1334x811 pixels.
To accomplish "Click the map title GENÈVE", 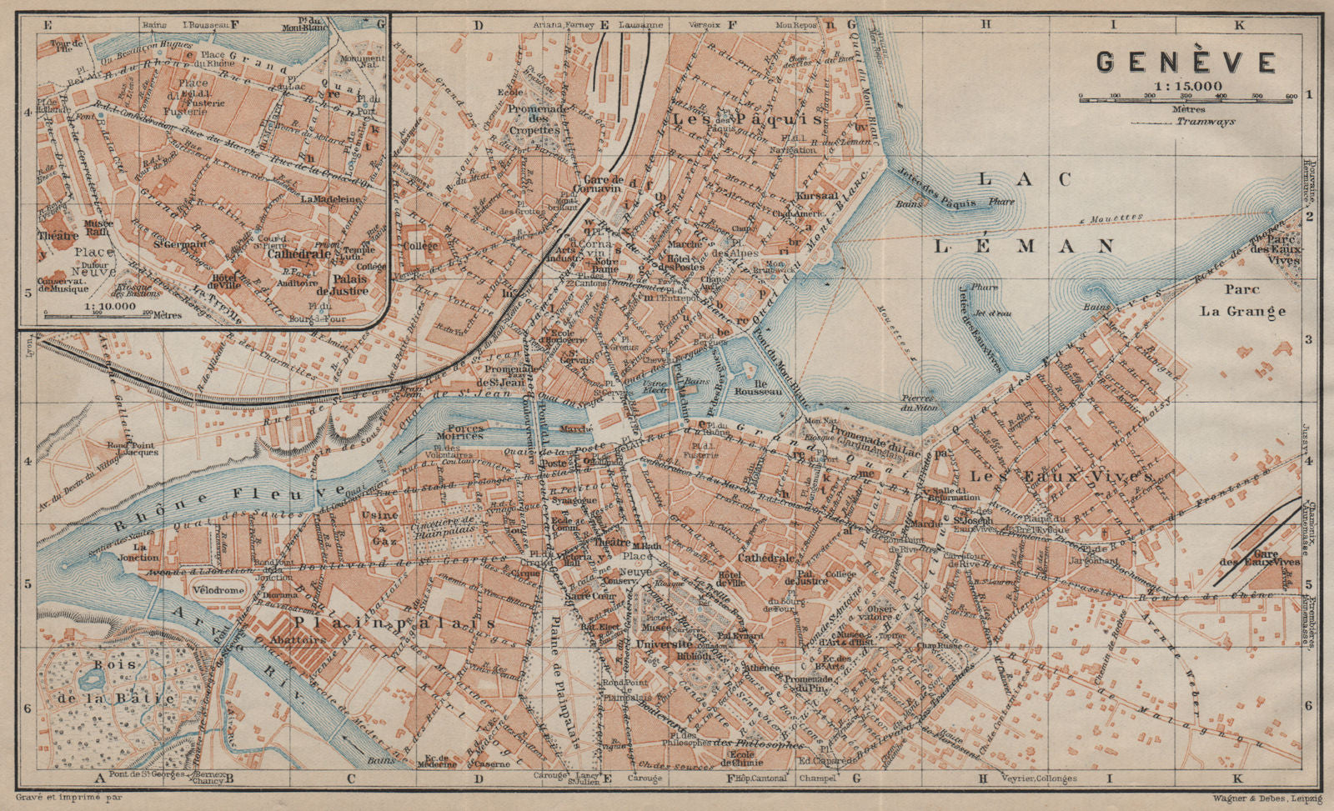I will click(1185, 62).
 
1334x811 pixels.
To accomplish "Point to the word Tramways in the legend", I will click(1206, 122).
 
